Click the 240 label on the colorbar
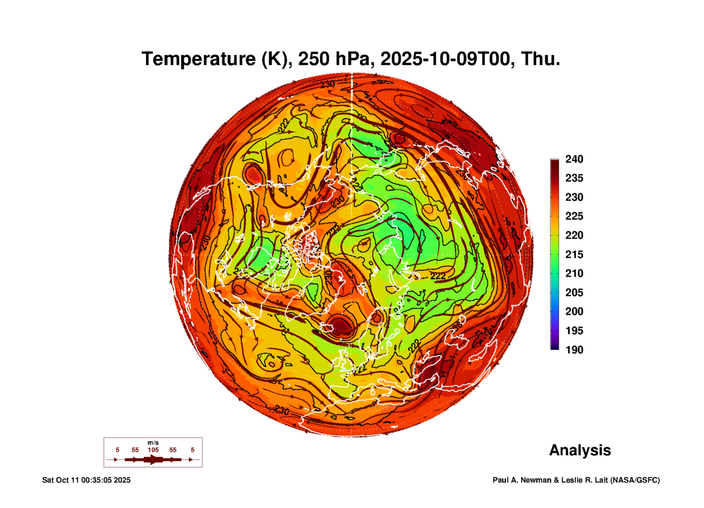click(x=574, y=159)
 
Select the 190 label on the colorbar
click(x=574, y=350)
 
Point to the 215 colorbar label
click(x=574, y=254)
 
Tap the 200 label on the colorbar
click(x=574, y=311)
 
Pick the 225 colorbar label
click(x=574, y=216)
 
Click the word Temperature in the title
click(x=199, y=59)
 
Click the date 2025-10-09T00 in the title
click(x=445, y=59)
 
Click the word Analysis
click(x=580, y=450)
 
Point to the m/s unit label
click(x=153, y=443)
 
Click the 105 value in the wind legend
click(x=153, y=450)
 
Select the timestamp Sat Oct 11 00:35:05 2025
click(x=86, y=480)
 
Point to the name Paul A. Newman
click(x=522, y=480)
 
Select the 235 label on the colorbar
click(x=574, y=178)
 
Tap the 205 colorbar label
click(x=574, y=293)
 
